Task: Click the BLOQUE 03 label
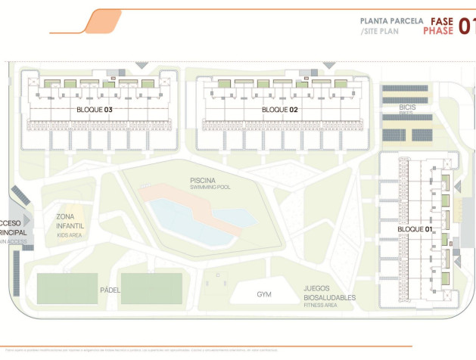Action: (95, 110)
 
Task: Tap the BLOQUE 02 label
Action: (280, 110)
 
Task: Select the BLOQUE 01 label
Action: (415, 228)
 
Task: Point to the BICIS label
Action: (407, 107)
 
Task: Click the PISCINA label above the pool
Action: (205, 180)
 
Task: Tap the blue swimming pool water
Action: (182, 216)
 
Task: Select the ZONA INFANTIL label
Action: (70, 221)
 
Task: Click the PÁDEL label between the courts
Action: (110, 290)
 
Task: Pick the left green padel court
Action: (67, 288)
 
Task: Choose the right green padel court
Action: (151, 288)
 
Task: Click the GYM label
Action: (263, 294)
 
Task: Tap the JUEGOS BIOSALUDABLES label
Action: (329, 293)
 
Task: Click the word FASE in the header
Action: (442, 21)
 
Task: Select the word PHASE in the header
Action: (438, 32)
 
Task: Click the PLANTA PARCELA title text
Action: (391, 21)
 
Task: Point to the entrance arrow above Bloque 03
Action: (141, 66)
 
